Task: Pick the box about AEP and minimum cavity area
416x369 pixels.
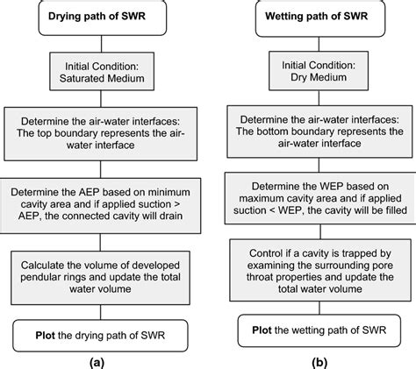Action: coord(106,200)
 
